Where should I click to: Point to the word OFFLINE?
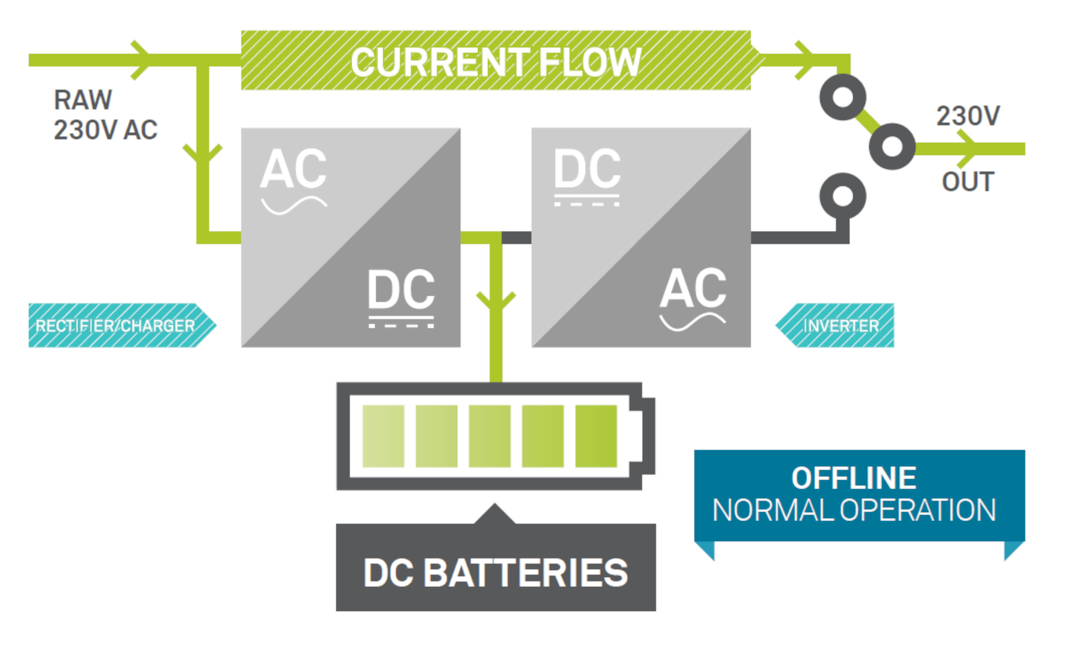[854, 478]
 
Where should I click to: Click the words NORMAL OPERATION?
[854, 510]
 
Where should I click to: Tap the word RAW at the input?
[83, 100]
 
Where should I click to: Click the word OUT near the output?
[968, 181]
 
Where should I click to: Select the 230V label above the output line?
[968, 116]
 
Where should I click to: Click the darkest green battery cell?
[595, 436]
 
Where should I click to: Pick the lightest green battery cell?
[383, 436]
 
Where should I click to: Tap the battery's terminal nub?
[648, 436]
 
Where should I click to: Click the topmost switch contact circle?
[843, 97]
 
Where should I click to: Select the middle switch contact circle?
[892, 146]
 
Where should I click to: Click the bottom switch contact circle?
[843, 196]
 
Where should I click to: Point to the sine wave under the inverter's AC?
[692, 322]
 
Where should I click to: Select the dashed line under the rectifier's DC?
[401, 326]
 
